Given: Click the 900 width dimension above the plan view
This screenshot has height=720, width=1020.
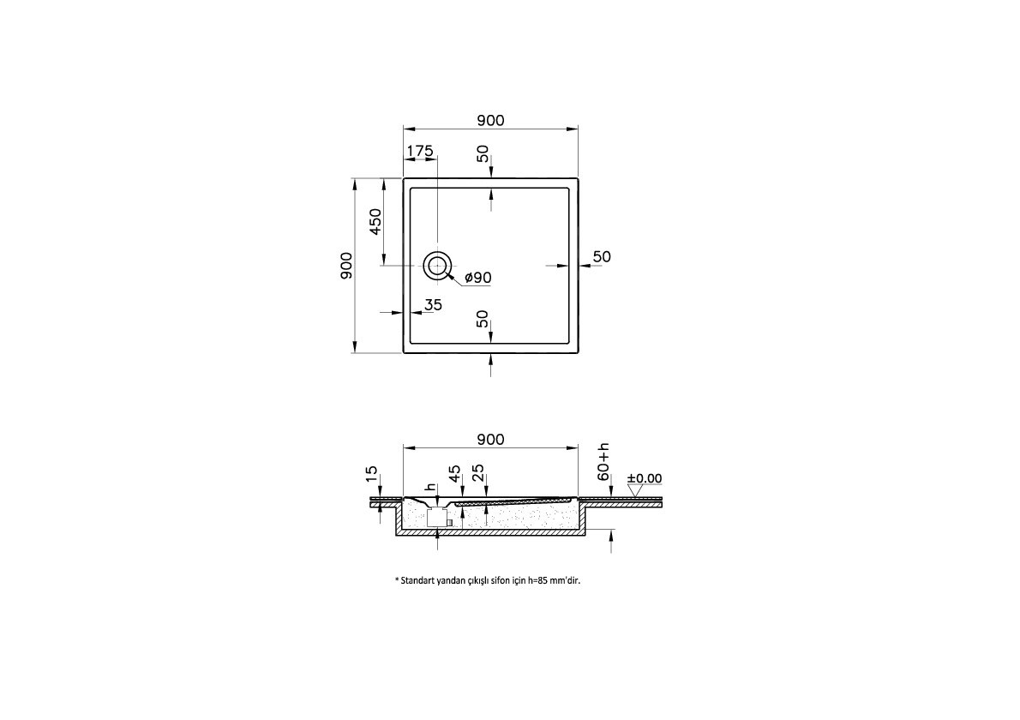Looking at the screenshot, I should (x=489, y=121).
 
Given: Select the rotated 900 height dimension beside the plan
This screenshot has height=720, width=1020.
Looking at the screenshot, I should (x=345, y=265).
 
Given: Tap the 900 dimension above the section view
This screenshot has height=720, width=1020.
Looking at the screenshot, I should (x=489, y=439).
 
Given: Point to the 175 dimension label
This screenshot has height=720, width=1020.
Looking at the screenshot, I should (x=419, y=151).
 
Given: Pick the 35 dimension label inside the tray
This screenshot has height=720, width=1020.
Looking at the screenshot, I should (x=433, y=304).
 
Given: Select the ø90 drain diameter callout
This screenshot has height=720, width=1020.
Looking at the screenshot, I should (x=477, y=278).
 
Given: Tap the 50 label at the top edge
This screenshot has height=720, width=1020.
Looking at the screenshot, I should (x=483, y=154).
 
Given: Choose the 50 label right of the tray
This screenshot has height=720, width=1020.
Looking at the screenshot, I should (x=602, y=256).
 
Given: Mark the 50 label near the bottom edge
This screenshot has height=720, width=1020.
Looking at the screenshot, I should (x=483, y=319).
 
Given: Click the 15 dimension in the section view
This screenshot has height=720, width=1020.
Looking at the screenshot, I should (x=371, y=473).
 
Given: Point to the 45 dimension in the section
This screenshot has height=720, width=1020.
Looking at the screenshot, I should (x=454, y=473).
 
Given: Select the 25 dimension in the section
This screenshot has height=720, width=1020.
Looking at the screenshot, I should (x=478, y=473).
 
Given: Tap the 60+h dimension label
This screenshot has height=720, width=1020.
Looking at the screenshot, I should (x=603, y=462).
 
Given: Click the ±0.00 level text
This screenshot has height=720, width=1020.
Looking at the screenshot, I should (x=645, y=478).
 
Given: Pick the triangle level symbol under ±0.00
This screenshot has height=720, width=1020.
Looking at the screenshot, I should (x=635, y=491).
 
